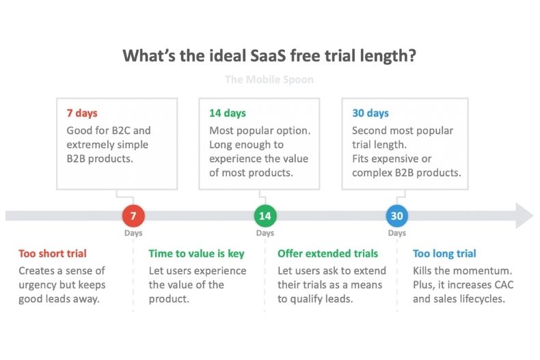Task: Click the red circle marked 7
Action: tap(133, 216)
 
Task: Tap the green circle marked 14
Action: tap(265, 216)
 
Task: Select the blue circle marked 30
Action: tap(397, 216)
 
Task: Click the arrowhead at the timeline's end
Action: tap(524, 216)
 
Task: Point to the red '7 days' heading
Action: tap(82, 113)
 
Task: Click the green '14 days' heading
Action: tap(228, 113)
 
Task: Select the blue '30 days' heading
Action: tap(370, 113)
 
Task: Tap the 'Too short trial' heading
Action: tap(53, 253)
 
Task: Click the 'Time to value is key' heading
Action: tap(197, 253)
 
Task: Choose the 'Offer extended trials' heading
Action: tap(328, 253)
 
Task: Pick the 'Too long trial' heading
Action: tap(444, 253)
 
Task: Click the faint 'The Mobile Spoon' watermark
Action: tap(269, 79)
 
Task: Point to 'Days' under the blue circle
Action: tap(397, 233)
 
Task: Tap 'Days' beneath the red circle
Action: tap(133, 233)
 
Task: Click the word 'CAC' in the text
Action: tap(504, 285)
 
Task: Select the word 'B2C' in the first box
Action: tap(120, 130)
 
